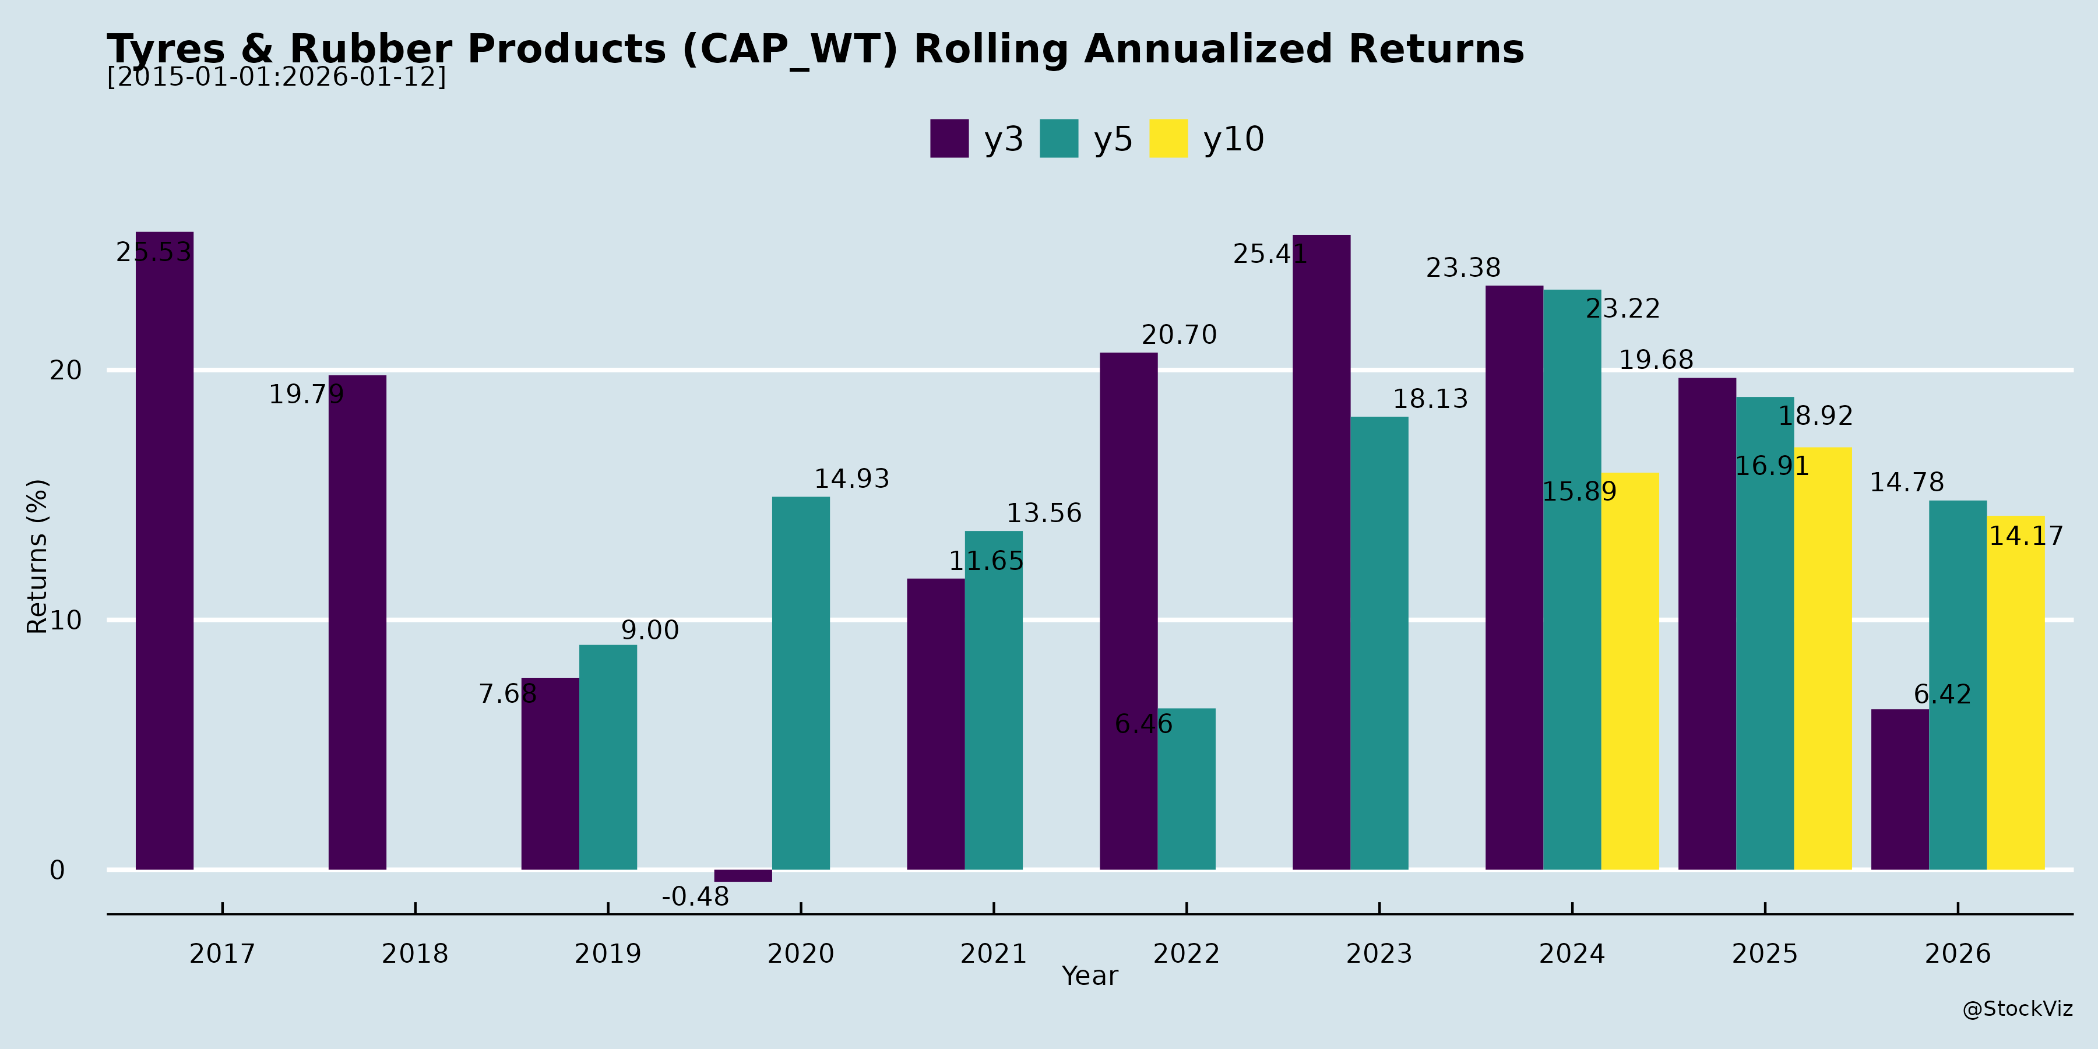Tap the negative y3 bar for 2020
(743, 875)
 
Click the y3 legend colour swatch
(949, 139)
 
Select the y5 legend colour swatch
(1059, 139)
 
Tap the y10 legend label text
(1233, 139)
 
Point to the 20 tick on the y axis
(66, 371)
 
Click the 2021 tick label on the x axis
(993, 953)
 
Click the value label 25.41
(1269, 254)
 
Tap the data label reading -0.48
(695, 897)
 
